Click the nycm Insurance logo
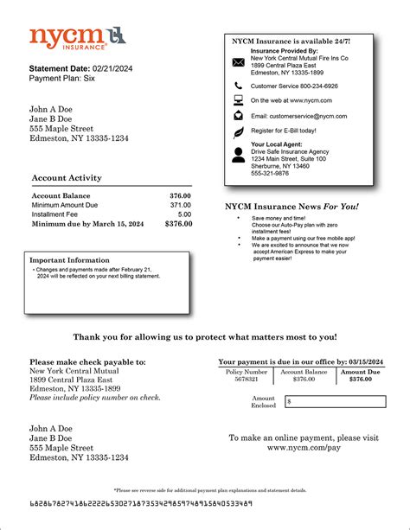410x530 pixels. point(68,37)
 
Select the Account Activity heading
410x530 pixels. point(67,178)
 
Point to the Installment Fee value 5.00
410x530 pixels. point(184,214)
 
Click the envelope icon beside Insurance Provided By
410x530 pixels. point(239,62)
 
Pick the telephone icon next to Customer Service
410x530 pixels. point(239,86)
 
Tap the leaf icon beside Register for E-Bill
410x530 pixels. point(239,131)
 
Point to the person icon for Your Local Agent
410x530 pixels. point(239,155)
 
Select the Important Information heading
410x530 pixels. point(69,259)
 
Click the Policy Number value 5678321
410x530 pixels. point(240,380)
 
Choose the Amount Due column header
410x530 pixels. point(360,372)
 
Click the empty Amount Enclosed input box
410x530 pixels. point(335,402)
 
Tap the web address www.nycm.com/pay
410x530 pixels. point(304,449)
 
